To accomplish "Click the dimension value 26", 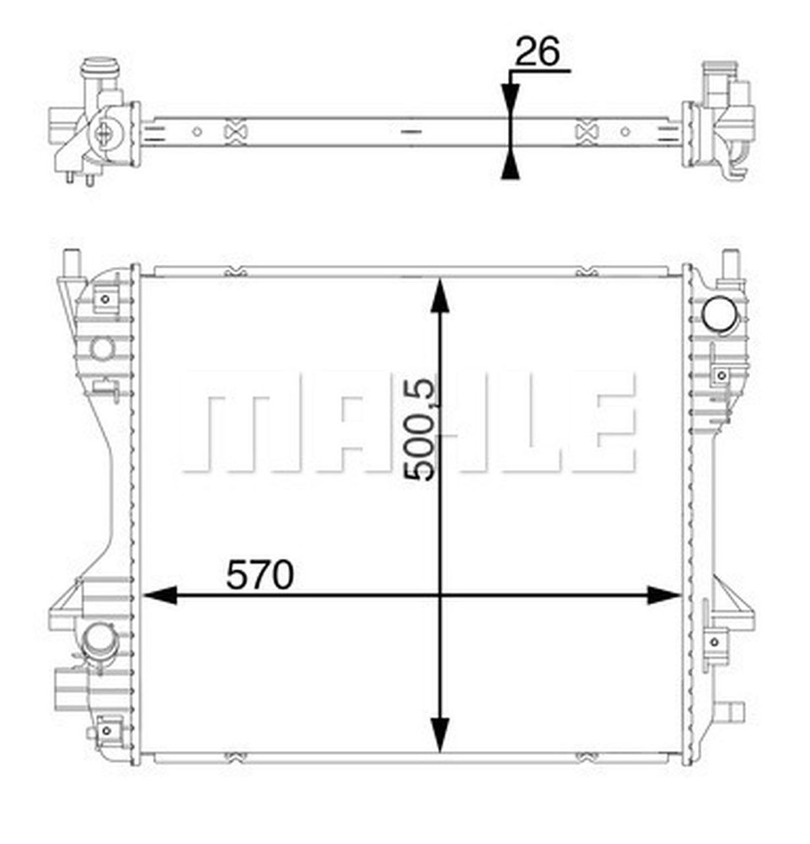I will [x=536, y=51].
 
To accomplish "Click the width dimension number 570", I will [x=259, y=576].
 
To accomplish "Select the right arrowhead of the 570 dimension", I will [x=664, y=595].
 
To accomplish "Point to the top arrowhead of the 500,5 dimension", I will [x=440, y=295].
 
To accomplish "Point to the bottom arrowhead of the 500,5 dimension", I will [x=440, y=734].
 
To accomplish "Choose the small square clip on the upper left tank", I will [x=104, y=300].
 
